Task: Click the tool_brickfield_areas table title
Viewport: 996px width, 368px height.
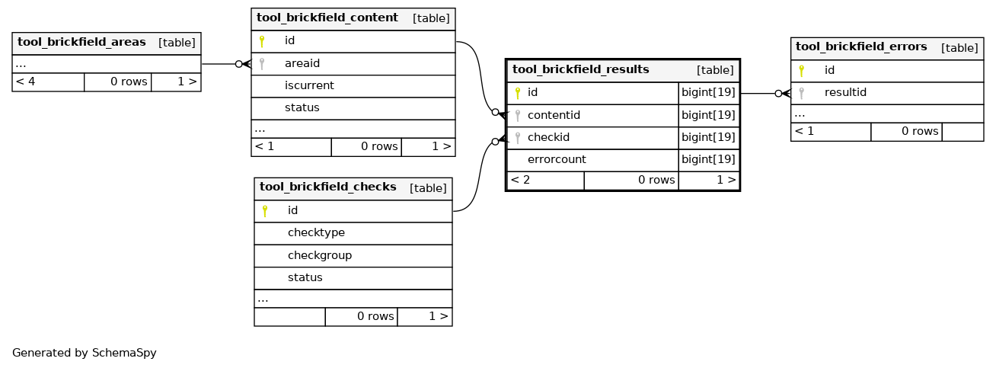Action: pyautogui.click(x=81, y=42)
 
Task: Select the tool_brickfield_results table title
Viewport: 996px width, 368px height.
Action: pyautogui.click(x=581, y=69)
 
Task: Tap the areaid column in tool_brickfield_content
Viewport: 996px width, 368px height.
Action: pyautogui.click(x=302, y=64)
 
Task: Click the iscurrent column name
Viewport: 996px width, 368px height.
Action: pyautogui.click(x=309, y=85)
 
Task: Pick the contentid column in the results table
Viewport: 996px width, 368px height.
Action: pyautogui.click(x=554, y=115)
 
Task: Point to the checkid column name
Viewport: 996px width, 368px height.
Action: pyautogui.click(x=548, y=137)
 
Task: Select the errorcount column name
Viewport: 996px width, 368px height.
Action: pyautogui.click(x=557, y=159)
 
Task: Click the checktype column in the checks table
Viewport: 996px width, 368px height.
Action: pyautogui.click(x=316, y=232)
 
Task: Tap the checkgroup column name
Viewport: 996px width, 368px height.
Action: pyautogui.click(x=320, y=255)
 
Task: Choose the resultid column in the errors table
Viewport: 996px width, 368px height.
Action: pyautogui.click(x=845, y=92)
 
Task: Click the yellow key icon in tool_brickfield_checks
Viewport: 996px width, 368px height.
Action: pyautogui.click(x=265, y=211)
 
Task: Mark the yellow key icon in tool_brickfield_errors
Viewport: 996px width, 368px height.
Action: pyautogui.click(x=801, y=71)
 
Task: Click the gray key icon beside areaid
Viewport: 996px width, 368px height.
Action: pyautogui.click(x=262, y=64)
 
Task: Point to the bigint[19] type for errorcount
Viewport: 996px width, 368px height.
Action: pyautogui.click(x=708, y=159)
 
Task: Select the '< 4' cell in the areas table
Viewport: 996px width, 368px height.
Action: pyautogui.click(x=25, y=82)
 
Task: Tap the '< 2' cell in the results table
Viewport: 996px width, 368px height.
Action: pyautogui.click(x=520, y=181)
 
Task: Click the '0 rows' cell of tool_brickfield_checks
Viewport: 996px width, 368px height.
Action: pyautogui.click(x=375, y=316)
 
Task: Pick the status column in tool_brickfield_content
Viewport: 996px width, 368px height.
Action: pyautogui.click(x=302, y=107)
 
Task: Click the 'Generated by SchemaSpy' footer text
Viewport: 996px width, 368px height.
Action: pyautogui.click(x=84, y=353)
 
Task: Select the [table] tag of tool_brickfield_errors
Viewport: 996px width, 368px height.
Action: pyautogui.click(x=959, y=48)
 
